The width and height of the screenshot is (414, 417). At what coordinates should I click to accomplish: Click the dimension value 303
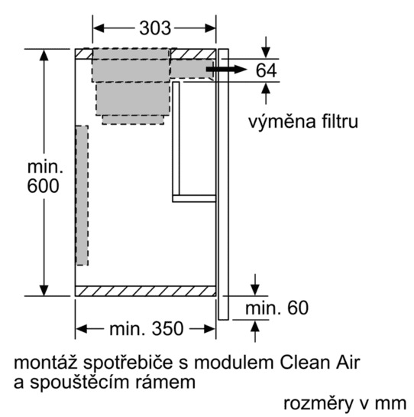click(x=155, y=28)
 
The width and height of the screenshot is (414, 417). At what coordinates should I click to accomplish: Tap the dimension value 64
click(x=266, y=70)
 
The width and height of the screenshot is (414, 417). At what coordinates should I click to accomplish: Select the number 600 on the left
click(x=43, y=186)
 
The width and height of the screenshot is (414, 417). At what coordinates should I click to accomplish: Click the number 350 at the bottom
click(x=167, y=329)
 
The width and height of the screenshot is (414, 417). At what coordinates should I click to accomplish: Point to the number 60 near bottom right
click(x=297, y=308)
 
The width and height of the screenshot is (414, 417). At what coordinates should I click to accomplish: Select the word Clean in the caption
click(x=304, y=362)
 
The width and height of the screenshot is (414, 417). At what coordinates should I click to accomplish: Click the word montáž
click(x=45, y=362)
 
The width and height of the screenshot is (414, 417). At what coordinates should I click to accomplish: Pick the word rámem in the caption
click(x=166, y=382)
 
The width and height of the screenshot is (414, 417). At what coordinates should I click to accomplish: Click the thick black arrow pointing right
click(x=227, y=70)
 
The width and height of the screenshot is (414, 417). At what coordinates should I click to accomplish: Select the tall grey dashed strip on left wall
click(x=82, y=195)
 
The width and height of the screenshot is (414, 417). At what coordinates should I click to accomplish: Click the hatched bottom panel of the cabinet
click(x=145, y=291)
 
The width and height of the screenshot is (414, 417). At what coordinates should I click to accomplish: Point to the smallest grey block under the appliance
click(x=133, y=119)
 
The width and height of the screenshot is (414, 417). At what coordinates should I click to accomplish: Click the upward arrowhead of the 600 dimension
click(x=44, y=55)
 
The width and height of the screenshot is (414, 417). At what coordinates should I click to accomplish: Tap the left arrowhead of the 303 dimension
click(x=99, y=28)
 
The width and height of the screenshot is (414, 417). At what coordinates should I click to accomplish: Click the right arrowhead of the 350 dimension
click(x=210, y=329)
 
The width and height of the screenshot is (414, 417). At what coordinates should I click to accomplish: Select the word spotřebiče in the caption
click(x=128, y=363)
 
